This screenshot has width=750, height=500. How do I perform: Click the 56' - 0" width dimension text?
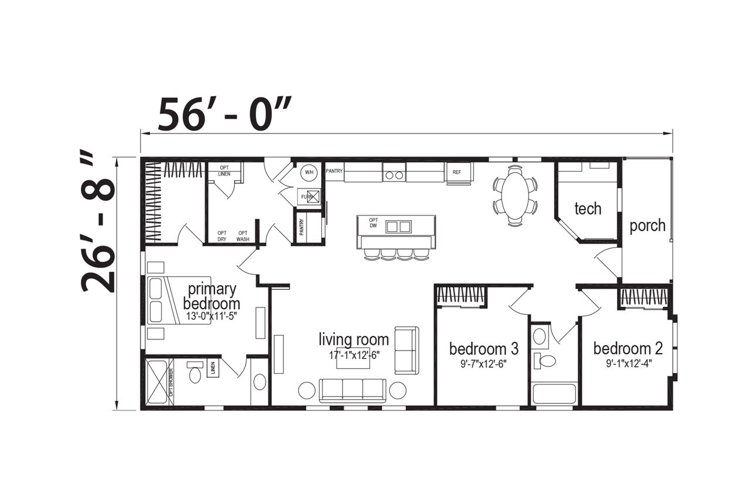tap(224, 114)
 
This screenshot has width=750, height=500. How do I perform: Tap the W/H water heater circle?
tap(309, 172)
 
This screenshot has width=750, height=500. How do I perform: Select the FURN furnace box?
tap(309, 197)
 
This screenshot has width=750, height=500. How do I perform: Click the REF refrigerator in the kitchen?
tap(459, 172)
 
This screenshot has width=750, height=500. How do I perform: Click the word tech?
tap(588, 209)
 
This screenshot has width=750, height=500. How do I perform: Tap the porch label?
tap(647, 226)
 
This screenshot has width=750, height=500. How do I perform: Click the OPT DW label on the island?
tap(373, 222)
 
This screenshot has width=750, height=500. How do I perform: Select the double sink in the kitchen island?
tap(398, 227)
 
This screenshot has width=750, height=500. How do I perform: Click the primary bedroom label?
tap(212, 296)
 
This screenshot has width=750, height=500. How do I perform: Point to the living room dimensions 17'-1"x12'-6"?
tap(354, 355)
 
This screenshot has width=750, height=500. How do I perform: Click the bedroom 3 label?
tap(483, 349)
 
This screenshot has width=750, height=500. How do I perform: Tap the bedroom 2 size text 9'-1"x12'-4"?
tap(629, 364)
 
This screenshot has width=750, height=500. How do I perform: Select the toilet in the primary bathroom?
tap(195, 372)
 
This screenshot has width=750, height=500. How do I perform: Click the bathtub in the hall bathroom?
tap(554, 393)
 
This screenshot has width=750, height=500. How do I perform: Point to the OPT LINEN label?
tap(224, 171)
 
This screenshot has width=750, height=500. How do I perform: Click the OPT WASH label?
tap(243, 236)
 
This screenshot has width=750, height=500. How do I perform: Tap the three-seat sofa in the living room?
tap(353, 391)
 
